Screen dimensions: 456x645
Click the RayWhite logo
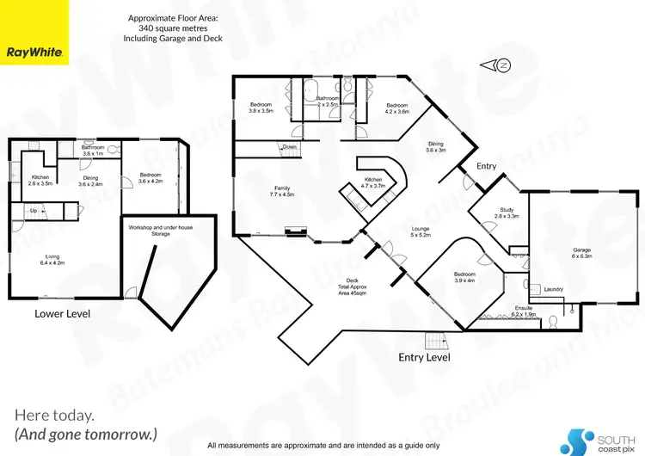click(x=34, y=52)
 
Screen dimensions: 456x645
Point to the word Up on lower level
click(x=34, y=209)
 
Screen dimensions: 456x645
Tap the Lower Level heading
click(x=62, y=314)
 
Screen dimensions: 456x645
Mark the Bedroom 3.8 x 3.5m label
click(x=261, y=107)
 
